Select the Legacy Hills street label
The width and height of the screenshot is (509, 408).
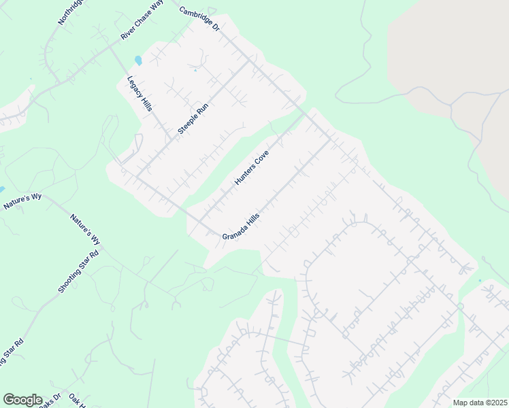pos(139,94)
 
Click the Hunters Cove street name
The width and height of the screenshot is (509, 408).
pos(252,167)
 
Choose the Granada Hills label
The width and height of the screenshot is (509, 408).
pos(241,226)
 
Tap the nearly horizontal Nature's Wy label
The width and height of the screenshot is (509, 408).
pos(22,201)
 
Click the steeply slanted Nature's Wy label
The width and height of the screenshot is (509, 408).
pos(86,229)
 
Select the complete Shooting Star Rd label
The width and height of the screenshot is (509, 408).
pos(78,271)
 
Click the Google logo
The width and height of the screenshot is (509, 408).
pos(22,400)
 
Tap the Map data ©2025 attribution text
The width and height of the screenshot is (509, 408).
pos(480,403)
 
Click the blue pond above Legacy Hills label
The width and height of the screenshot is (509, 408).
pos(138,61)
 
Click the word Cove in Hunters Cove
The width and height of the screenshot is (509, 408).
pos(261,158)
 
